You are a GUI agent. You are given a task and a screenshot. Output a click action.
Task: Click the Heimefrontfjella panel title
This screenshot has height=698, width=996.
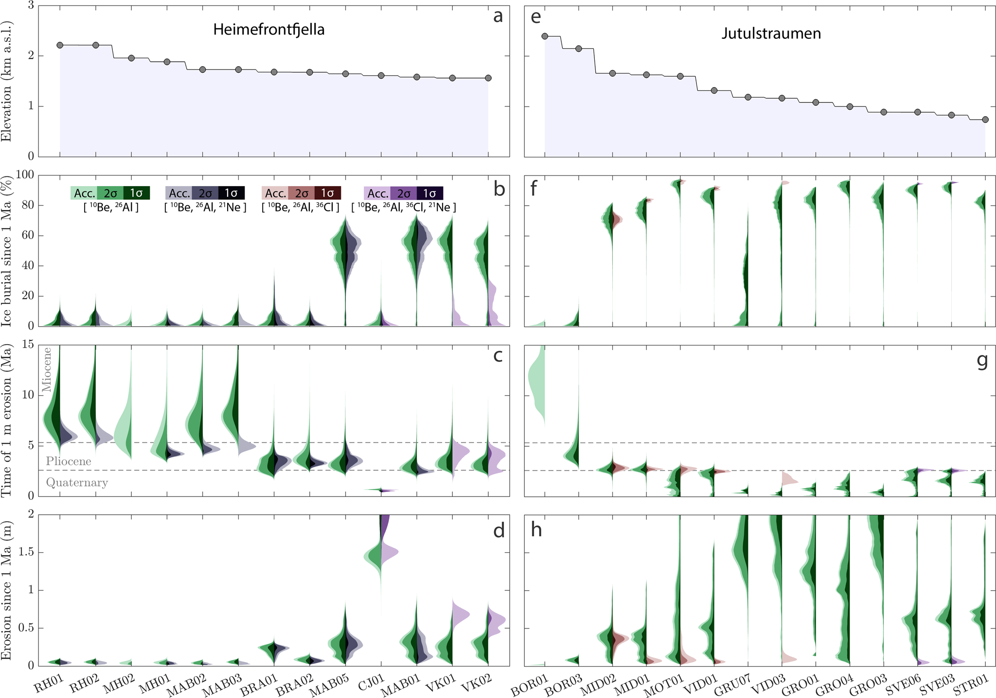click(x=268, y=30)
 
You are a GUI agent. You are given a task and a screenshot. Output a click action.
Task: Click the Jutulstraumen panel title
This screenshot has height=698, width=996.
click(x=771, y=34)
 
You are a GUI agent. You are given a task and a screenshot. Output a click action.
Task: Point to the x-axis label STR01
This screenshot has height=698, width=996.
click(x=971, y=684)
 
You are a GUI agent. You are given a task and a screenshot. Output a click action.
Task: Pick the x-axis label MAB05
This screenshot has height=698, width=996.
click(x=327, y=684)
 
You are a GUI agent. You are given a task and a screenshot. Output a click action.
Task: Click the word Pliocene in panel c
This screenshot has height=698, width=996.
click(x=69, y=461)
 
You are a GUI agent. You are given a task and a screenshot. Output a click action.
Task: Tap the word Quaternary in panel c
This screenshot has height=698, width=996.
click(x=77, y=483)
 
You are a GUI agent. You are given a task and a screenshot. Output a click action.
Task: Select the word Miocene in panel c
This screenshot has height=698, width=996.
click(x=47, y=370)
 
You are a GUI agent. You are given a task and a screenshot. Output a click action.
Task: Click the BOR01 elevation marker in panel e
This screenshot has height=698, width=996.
click(x=545, y=36)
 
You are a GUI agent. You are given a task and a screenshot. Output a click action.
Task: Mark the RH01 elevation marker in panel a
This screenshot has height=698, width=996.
click(x=60, y=45)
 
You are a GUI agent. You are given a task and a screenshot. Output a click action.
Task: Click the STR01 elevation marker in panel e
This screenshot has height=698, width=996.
click(x=985, y=120)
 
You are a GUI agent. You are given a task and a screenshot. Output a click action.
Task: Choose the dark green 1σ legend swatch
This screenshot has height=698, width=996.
click(x=136, y=193)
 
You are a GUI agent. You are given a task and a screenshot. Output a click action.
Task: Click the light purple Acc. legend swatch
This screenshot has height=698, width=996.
click(x=377, y=193)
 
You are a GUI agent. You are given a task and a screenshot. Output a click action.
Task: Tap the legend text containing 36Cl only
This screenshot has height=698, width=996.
click(x=300, y=208)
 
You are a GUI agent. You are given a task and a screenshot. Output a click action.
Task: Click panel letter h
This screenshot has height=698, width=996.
click(x=536, y=529)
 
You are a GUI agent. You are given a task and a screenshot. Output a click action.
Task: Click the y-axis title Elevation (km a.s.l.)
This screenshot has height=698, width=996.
click(x=6, y=81)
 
